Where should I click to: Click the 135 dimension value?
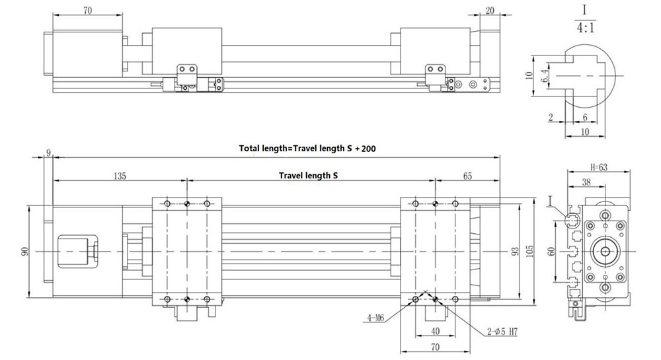point(120,176)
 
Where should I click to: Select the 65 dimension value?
point(467,176)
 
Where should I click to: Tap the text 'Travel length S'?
point(308,175)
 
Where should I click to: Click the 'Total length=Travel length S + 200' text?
point(307,148)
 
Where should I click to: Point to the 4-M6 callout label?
point(375,318)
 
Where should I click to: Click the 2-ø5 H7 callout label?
point(502,332)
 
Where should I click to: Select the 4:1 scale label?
point(585,28)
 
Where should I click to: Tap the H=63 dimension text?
point(599,167)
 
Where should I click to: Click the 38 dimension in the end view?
point(586,182)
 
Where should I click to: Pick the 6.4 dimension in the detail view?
point(544,76)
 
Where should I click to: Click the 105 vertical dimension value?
point(530,251)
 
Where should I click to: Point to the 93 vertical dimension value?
point(515,252)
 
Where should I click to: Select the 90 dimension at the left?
point(24,252)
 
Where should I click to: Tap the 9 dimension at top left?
point(48,153)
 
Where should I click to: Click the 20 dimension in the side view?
point(489,11)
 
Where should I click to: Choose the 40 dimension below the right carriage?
point(436,332)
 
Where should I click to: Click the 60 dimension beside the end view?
point(551,252)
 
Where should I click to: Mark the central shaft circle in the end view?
point(605,252)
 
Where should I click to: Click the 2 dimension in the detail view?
point(551,118)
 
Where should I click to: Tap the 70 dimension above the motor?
point(87,10)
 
